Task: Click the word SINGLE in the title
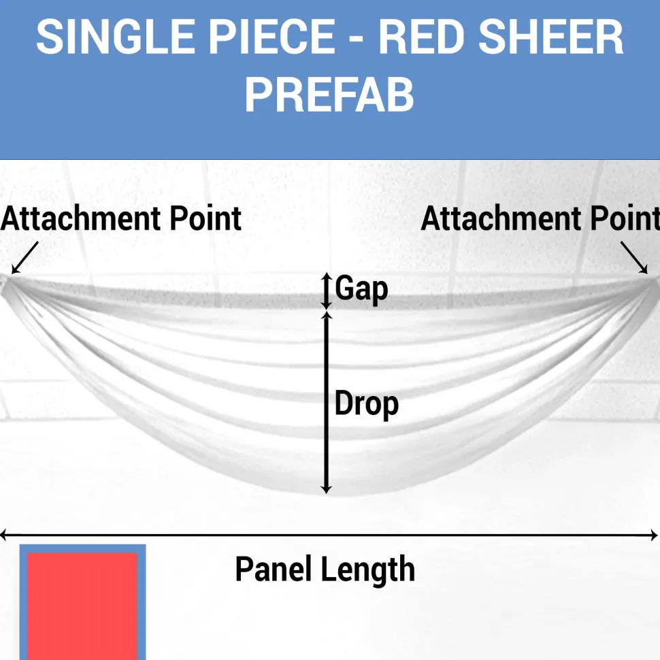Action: pyautogui.click(x=116, y=37)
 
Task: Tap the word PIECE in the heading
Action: pyautogui.click(x=271, y=37)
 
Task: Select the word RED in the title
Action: pyautogui.click(x=421, y=37)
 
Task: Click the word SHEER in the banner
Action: pyautogui.click(x=551, y=37)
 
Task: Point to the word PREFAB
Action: pyautogui.click(x=329, y=95)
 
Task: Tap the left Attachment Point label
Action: pyautogui.click(x=121, y=219)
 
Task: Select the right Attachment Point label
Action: pyautogui.click(x=540, y=219)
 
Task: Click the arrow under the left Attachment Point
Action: pyautogui.click(x=24, y=258)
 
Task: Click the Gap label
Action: pyautogui.click(x=361, y=288)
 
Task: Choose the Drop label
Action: pyautogui.click(x=367, y=403)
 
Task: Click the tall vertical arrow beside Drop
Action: pyautogui.click(x=326, y=403)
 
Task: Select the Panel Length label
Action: pyautogui.click(x=325, y=569)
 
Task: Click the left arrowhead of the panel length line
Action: pyautogui.click(x=3, y=535)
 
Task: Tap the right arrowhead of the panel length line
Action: pyautogui.click(x=654, y=535)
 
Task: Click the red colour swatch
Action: pyautogui.click(x=82, y=606)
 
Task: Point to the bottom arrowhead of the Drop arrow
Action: pyautogui.click(x=326, y=490)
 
